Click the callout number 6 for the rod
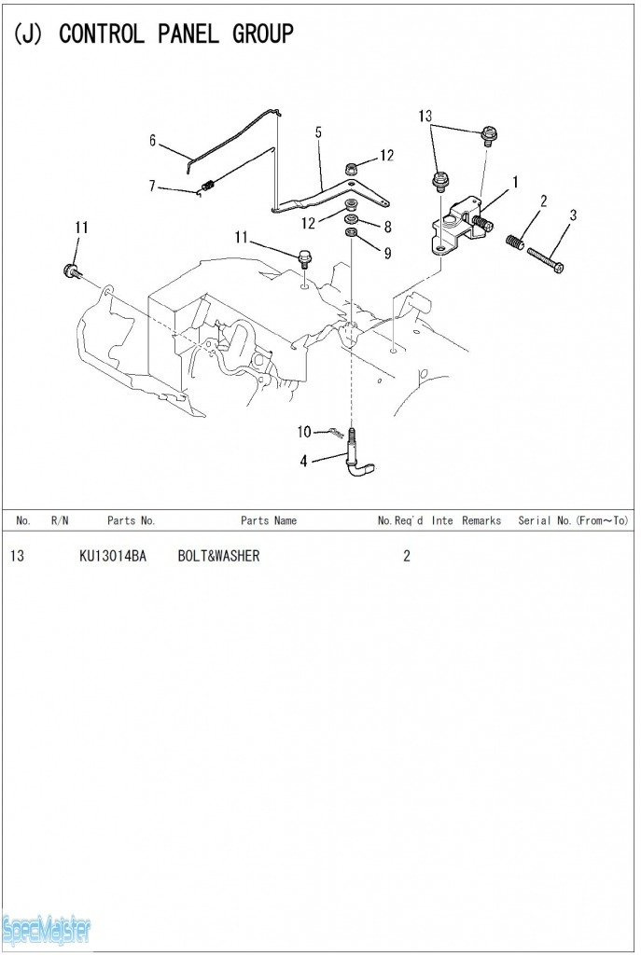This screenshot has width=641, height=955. [152, 141]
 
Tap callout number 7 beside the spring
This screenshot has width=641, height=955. [152, 187]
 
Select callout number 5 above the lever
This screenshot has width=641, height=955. [318, 132]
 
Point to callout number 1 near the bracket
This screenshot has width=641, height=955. [514, 182]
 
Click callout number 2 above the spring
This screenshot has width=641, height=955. [543, 201]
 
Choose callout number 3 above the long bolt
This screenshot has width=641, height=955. [573, 215]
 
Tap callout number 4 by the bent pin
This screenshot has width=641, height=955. [303, 460]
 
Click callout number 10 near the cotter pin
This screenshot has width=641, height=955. [304, 432]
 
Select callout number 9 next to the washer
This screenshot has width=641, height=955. [387, 252]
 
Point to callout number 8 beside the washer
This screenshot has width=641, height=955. [387, 226]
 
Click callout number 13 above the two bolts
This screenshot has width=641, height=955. [425, 117]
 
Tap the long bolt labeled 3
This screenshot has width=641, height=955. [545, 259]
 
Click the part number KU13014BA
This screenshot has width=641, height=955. [113, 556]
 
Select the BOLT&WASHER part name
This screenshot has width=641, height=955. [218, 556]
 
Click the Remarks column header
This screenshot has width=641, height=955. [481, 520]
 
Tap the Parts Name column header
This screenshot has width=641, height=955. [269, 520]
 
